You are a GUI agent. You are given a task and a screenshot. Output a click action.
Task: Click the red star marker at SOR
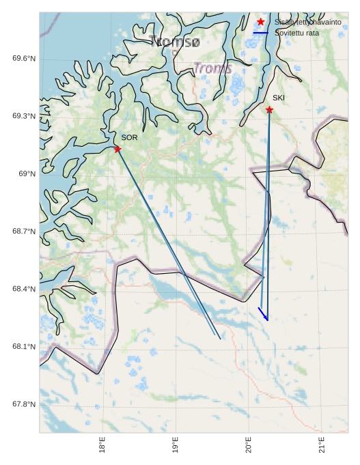tap(117, 149)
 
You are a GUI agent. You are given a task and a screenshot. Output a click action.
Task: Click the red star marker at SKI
tap(269, 110)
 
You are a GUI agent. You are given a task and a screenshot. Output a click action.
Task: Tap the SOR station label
tap(130, 138)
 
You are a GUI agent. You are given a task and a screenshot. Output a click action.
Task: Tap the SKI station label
tap(279, 98)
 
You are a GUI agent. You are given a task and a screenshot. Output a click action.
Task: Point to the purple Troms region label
tap(212, 69)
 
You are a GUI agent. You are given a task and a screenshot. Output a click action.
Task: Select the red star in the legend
tap(260, 22)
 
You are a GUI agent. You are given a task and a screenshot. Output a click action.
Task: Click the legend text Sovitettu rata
tap(296, 33)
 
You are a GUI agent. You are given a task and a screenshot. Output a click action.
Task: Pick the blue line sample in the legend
tap(260, 33)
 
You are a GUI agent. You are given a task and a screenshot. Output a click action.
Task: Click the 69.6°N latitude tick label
tap(23, 59)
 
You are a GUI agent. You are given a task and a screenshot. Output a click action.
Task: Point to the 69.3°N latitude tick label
tap(23, 116)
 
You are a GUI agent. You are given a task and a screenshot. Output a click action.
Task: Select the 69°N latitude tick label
tap(27, 174)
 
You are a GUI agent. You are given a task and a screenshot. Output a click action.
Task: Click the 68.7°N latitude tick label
tap(23, 231)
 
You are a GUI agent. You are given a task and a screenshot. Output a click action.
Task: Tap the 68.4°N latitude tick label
tap(23, 290)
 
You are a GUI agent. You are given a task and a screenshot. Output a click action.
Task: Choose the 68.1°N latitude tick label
tap(23, 347)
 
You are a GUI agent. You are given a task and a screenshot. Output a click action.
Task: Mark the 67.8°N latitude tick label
tap(23, 405)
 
